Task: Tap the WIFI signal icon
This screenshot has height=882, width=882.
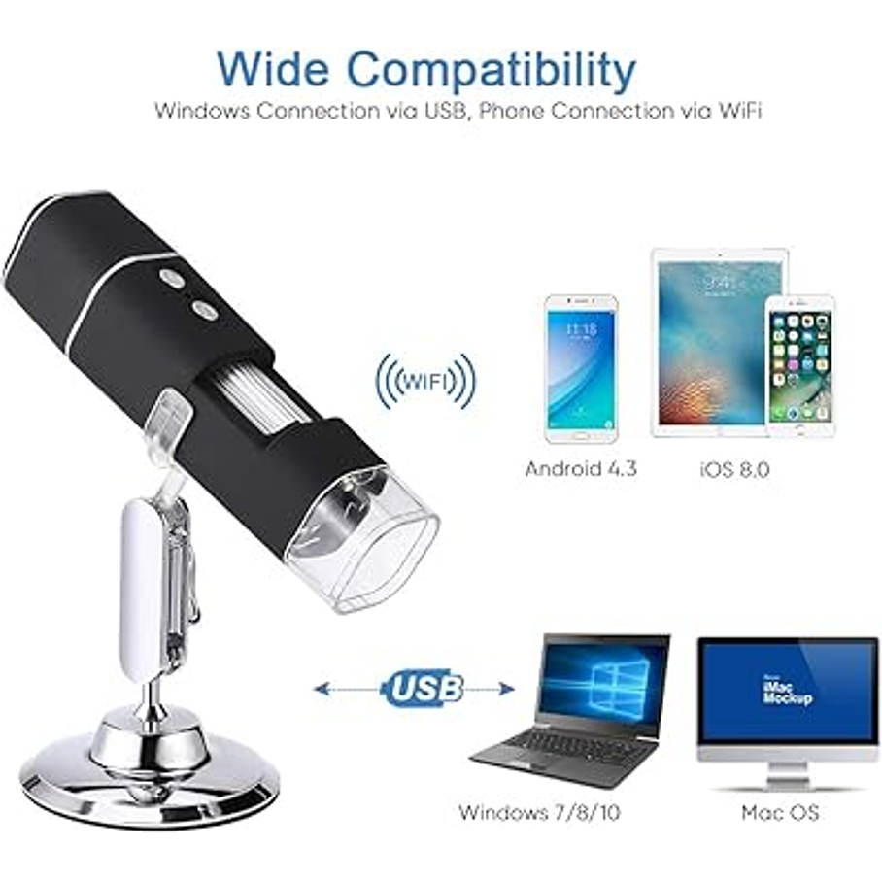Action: point(426,381)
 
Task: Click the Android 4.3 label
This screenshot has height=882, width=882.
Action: point(581,468)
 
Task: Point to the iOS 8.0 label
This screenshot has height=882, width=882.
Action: point(733,469)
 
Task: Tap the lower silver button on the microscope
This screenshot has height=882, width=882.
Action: point(204,309)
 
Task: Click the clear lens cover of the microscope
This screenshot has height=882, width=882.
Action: point(361,536)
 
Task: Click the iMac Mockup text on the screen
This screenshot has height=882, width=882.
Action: point(786,691)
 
